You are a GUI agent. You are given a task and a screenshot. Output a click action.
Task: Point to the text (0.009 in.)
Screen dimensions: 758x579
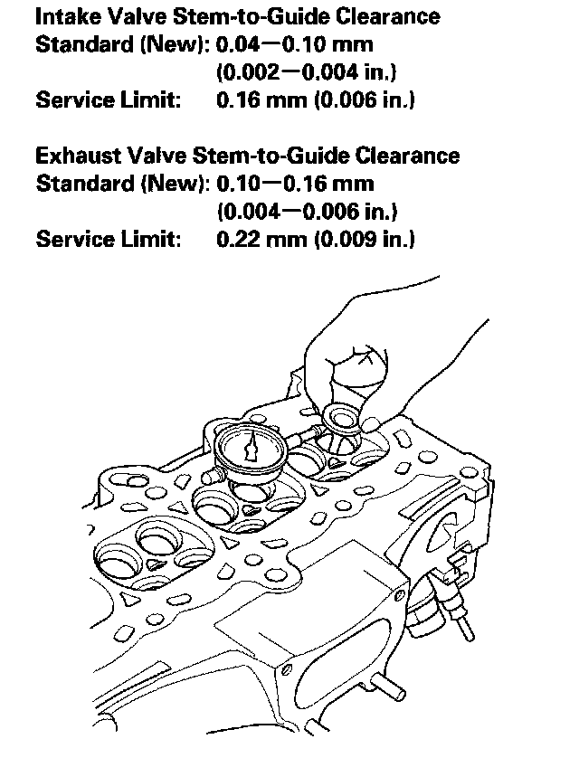click(x=364, y=241)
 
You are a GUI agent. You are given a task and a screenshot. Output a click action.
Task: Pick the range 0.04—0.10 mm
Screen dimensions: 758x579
click(x=295, y=43)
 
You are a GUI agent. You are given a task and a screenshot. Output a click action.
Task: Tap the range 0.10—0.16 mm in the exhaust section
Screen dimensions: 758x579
click(x=295, y=184)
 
